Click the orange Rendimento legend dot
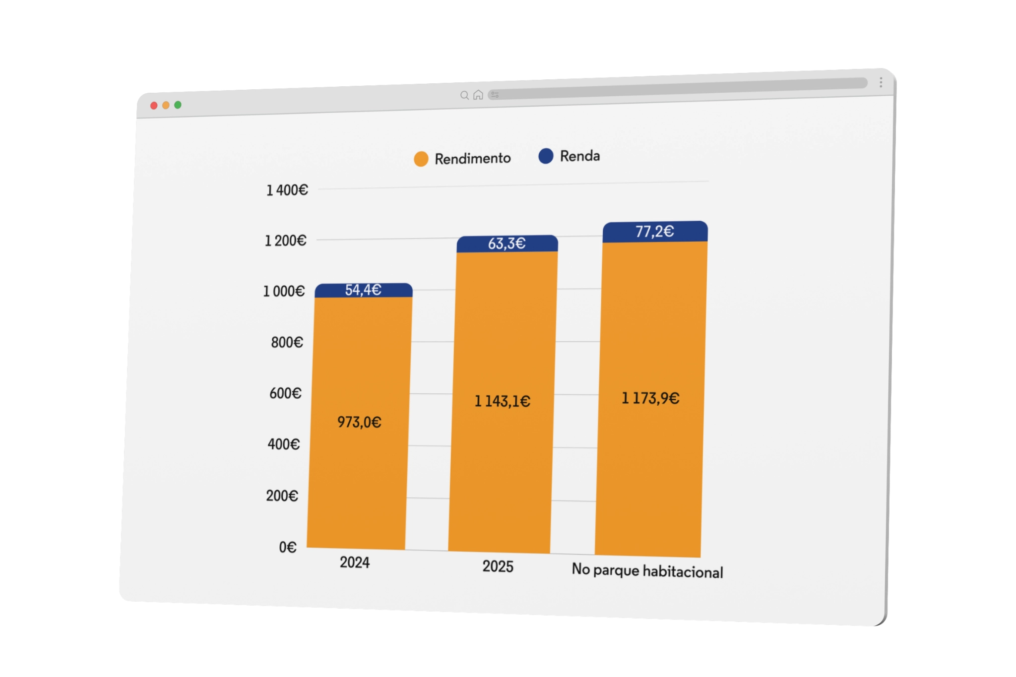click(x=421, y=159)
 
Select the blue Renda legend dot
click(x=546, y=156)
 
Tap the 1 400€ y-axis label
click(x=287, y=190)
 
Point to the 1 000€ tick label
click(x=283, y=291)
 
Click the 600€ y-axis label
click(x=285, y=393)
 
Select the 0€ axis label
click(x=287, y=547)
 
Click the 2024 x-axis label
click(x=354, y=562)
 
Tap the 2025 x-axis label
click(x=498, y=566)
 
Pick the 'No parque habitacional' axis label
click(x=647, y=571)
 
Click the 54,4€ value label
click(x=363, y=290)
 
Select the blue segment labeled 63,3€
click(x=507, y=244)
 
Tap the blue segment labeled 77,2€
click(x=654, y=231)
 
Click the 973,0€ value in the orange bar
click(x=359, y=422)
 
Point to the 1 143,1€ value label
click(x=502, y=401)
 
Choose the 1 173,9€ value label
click(x=650, y=398)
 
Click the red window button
click(x=154, y=106)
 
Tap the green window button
click(x=178, y=105)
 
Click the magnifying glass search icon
click(x=464, y=95)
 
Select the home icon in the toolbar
click(x=478, y=95)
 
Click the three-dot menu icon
click(x=881, y=82)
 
